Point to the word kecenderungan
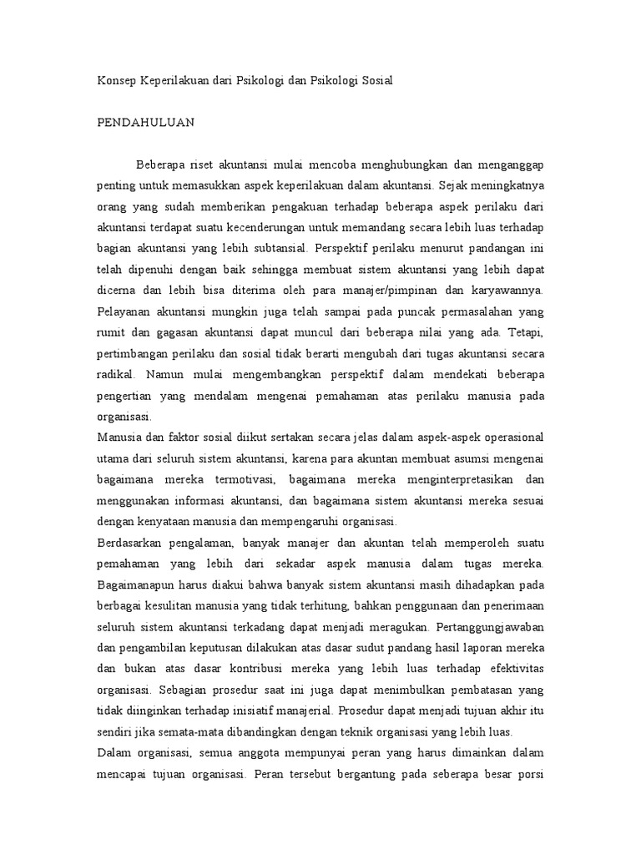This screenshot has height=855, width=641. pos(281,225)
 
